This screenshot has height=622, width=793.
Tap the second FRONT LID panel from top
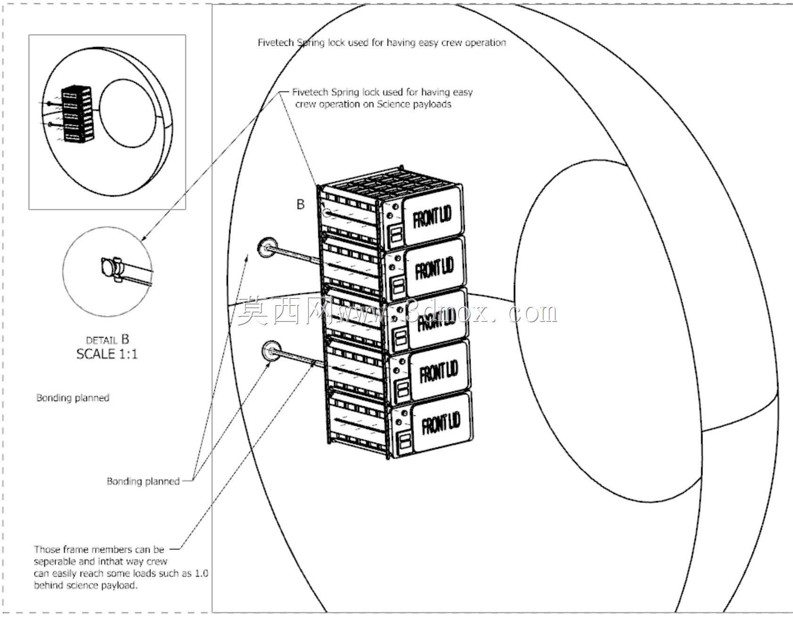(434, 267)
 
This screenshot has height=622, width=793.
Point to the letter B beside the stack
(300, 204)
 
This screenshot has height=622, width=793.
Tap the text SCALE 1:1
(107, 354)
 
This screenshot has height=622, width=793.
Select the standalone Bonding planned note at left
(73, 398)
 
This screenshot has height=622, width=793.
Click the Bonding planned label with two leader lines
(143, 481)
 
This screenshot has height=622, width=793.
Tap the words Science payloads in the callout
(414, 104)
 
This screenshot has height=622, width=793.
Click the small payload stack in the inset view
(77, 114)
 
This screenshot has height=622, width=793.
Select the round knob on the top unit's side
(326, 214)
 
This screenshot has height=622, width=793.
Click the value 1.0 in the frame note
(201, 574)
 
